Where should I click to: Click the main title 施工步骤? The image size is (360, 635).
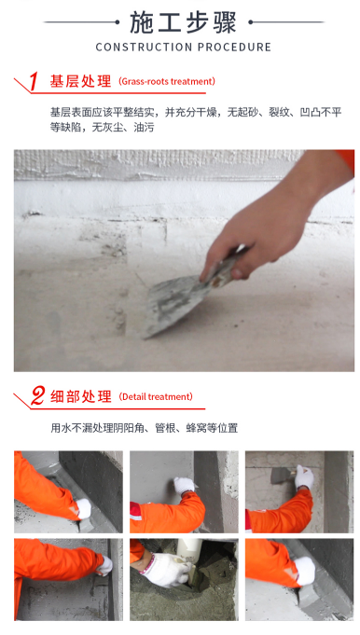(x=183, y=22)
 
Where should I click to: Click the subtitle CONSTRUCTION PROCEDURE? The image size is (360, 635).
(x=184, y=48)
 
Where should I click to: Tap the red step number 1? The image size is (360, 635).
(x=34, y=81)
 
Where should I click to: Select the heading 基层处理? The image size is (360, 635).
(x=80, y=81)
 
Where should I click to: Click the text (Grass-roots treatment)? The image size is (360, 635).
(x=167, y=81)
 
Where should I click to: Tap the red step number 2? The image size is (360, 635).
(x=37, y=395)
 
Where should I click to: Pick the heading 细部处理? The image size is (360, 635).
(x=80, y=396)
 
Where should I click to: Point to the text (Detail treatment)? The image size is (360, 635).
(x=156, y=396)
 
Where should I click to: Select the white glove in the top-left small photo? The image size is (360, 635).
(x=83, y=508)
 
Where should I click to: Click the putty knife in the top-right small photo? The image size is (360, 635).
(x=283, y=475)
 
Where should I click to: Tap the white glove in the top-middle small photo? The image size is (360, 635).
(x=185, y=485)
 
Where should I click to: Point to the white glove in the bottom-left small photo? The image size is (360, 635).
(x=104, y=565)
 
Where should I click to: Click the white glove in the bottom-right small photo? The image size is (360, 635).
(x=305, y=571)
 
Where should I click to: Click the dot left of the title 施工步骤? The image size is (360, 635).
(x=118, y=22)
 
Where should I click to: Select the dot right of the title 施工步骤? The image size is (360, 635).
(x=250, y=22)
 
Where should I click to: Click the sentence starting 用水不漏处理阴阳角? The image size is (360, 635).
(x=145, y=428)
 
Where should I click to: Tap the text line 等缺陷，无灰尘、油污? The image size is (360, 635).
(x=102, y=128)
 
